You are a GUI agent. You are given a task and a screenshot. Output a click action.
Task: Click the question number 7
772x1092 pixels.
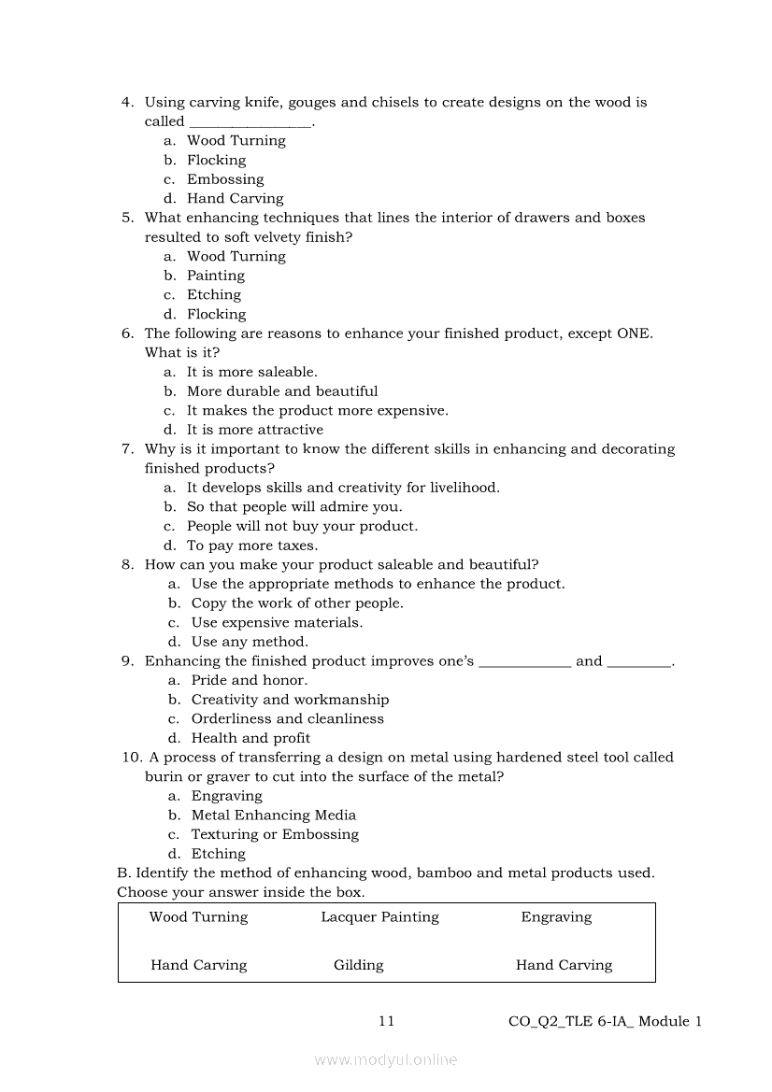pyautogui.click(x=127, y=449)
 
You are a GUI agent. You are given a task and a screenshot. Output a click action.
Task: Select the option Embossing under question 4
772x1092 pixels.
pyautogui.click(x=225, y=179)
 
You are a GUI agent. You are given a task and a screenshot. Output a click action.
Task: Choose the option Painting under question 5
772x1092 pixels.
pyautogui.click(x=216, y=276)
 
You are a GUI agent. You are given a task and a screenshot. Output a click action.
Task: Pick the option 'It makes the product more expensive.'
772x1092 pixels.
pyautogui.click(x=317, y=410)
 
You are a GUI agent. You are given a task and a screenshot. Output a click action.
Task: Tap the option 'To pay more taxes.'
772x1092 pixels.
pyautogui.click(x=252, y=546)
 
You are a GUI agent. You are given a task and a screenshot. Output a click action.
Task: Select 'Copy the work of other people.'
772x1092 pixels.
pyautogui.click(x=297, y=603)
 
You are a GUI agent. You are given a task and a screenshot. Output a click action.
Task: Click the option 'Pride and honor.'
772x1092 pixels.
pyautogui.click(x=249, y=680)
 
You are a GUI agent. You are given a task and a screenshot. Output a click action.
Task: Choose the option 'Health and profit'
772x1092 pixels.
pyautogui.click(x=250, y=738)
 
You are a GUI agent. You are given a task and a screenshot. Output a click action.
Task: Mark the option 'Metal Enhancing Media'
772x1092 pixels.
pyautogui.click(x=273, y=815)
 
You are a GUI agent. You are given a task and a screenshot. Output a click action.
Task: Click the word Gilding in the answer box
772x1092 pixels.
pyautogui.click(x=359, y=965)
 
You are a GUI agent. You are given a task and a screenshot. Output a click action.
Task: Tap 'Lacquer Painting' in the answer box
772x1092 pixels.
pyautogui.click(x=379, y=917)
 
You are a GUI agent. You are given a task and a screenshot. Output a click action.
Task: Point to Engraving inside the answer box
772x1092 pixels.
pyautogui.click(x=556, y=917)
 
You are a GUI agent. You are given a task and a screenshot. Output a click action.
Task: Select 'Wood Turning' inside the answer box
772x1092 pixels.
pyautogui.click(x=198, y=917)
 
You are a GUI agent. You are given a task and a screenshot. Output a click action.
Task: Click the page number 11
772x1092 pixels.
pyautogui.click(x=386, y=1021)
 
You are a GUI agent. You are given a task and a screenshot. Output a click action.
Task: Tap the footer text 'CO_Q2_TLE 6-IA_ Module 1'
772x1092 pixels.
pyautogui.click(x=605, y=1021)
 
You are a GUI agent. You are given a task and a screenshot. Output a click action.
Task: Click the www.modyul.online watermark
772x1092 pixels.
pyautogui.click(x=386, y=1059)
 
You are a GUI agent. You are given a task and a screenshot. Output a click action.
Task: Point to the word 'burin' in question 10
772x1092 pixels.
pyautogui.click(x=164, y=777)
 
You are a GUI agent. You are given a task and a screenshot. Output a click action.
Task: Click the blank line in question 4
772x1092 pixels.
pyautogui.click(x=250, y=123)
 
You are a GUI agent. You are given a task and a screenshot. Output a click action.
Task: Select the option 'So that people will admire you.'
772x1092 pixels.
pyautogui.click(x=294, y=507)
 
